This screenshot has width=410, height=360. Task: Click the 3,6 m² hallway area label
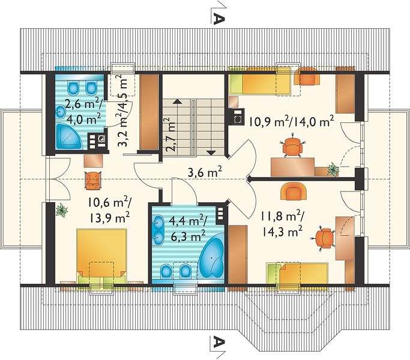[x=205, y=172]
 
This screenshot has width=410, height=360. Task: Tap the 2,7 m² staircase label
[x=169, y=134]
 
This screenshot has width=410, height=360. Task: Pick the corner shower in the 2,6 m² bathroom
[x=69, y=136]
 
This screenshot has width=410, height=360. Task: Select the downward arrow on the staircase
[x=211, y=153]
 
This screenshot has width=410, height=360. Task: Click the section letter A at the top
[x=219, y=19]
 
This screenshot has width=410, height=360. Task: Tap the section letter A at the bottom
[x=219, y=342]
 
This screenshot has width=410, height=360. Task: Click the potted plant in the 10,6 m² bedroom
[x=62, y=209]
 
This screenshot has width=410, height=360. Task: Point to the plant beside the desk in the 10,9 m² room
[x=333, y=169]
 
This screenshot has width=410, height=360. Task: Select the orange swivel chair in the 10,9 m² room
[x=292, y=146]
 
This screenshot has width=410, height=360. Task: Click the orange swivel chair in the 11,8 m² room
[x=324, y=238]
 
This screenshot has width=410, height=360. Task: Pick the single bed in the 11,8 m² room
[x=297, y=277]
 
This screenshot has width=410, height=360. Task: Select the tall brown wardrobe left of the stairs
[x=149, y=112]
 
